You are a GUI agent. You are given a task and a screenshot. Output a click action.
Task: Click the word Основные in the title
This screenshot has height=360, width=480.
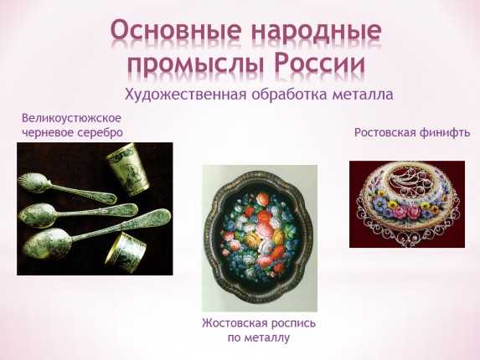tap(176, 32)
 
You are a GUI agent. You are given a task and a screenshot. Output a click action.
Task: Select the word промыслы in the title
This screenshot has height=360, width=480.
tap(196, 64)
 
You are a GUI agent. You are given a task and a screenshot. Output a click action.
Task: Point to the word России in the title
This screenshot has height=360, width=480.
tap(319, 62)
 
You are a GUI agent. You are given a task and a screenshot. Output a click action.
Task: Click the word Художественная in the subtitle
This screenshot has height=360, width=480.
tap(185, 95)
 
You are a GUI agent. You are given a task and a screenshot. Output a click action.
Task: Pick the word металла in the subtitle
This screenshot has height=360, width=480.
tap(363, 95)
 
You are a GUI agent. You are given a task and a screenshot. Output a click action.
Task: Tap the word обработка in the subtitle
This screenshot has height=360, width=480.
tap(290, 95)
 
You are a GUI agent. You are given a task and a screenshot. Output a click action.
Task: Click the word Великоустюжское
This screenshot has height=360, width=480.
tap(71, 118)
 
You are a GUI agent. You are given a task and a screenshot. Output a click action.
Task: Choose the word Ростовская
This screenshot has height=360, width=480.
tap(385, 133)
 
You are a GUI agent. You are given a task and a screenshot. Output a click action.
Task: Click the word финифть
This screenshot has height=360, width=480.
tap(445, 132)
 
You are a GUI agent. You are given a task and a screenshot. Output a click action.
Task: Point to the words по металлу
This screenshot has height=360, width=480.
tap(259, 338)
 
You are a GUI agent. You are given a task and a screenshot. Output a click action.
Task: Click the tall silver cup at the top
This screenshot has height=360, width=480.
tap(128, 169)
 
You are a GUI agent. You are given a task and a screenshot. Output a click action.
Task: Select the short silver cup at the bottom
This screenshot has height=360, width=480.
tap(126, 252)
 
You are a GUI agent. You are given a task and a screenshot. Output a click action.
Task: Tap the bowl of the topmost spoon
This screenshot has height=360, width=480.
tap(33, 183)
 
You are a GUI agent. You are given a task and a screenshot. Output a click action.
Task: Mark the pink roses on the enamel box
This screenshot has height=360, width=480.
tap(405, 211)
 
